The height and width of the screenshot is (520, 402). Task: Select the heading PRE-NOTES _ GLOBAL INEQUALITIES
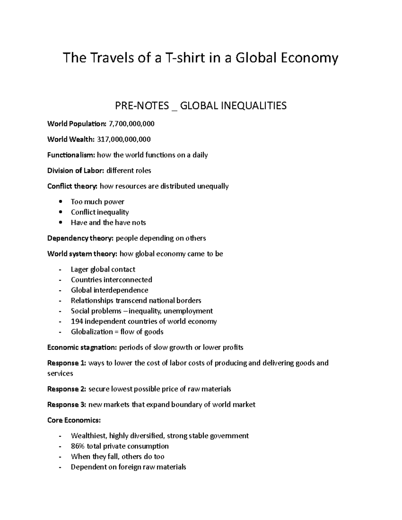click(x=201, y=106)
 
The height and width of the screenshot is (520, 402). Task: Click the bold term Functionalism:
click(x=71, y=155)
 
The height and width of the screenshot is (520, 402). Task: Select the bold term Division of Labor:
click(x=76, y=170)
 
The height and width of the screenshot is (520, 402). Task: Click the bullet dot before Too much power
click(x=60, y=202)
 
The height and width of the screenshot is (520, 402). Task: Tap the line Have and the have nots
click(x=108, y=223)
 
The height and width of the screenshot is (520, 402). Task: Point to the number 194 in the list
click(x=77, y=321)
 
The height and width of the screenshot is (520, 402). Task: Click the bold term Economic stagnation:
click(x=82, y=347)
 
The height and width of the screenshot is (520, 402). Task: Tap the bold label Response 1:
click(x=67, y=363)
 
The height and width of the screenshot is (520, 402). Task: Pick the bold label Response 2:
click(x=67, y=389)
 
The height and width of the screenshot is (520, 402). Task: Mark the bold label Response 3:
click(x=67, y=404)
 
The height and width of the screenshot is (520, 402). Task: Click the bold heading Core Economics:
click(x=74, y=420)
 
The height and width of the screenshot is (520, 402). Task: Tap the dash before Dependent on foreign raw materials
click(x=60, y=467)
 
